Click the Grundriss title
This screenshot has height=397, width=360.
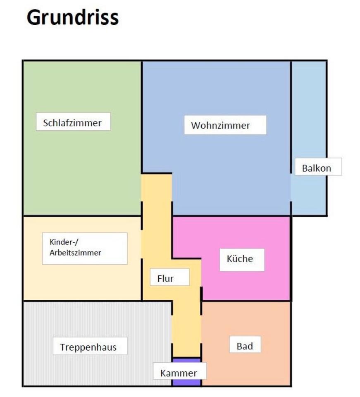(x=73, y=18)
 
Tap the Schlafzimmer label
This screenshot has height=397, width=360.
(x=73, y=122)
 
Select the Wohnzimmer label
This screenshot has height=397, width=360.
(x=225, y=125)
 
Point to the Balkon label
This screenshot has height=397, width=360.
(x=316, y=168)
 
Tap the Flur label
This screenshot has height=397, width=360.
(x=165, y=278)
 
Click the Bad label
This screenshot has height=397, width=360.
(x=245, y=345)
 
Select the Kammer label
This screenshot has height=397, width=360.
(x=179, y=372)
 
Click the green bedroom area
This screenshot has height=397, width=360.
(x=82, y=174)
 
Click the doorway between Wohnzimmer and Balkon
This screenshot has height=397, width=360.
(x=291, y=187)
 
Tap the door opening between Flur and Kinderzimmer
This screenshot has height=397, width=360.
(x=142, y=244)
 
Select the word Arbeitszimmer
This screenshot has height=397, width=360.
(x=75, y=253)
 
